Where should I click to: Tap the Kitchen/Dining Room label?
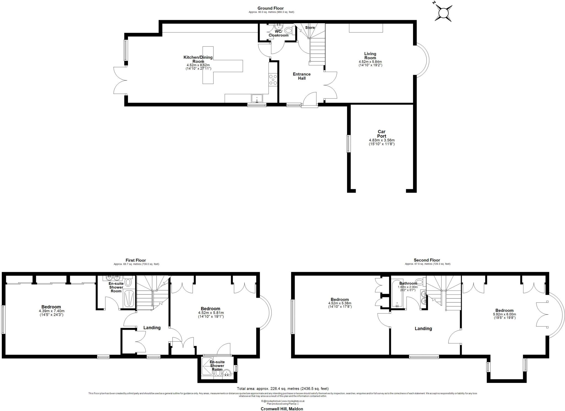[x=198, y=59]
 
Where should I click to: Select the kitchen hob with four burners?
[x=273, y=80]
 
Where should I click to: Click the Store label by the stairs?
[x=310, y=28]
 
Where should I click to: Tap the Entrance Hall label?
[x=302, y=76]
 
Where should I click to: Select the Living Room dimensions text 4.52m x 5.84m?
[x=370, y=62]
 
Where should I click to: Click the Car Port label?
[x=382, y=134]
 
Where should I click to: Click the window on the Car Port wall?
[x=348, y=144]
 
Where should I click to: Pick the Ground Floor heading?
[x=270, y=8]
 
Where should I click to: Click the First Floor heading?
[x=136, y=260]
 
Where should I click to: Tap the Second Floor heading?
[x=427, y=260]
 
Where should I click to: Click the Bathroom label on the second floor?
[x=408, y=283]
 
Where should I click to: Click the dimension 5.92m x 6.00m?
[x=504, y=314]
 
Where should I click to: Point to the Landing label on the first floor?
[x=152, y=328]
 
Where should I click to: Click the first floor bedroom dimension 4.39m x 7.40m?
[x=52, y=311]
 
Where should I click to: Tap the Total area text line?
[x=282, y=389]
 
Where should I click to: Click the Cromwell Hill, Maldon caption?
[x=282, y=409]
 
